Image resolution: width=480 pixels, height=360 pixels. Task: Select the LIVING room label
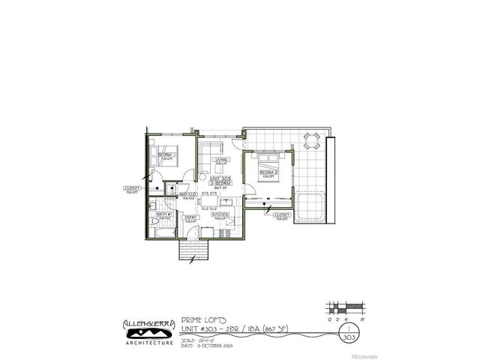[x=221, y=160]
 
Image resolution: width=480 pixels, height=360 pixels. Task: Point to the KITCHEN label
[x=220, y=214]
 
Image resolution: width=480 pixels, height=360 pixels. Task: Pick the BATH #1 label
[x=165, y=214]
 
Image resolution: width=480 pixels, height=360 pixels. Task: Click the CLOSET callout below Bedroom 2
[x=282, y=215]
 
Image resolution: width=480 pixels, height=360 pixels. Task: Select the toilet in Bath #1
[x=151, y=207]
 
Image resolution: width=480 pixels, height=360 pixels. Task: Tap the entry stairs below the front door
[x=190, y=250]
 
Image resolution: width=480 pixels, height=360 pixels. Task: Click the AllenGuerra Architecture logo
[x=148, y=331]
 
